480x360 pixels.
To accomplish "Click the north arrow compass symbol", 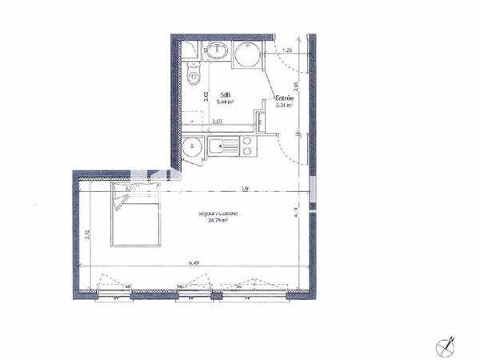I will (x=446, y=346).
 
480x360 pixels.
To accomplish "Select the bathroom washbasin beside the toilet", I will (x=219, y=53).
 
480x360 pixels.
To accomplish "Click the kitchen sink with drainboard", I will (x=223, y=146).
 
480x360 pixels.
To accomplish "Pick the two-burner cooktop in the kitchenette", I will (x=248, y=146).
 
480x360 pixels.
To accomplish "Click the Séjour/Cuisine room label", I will (x=218, y=214).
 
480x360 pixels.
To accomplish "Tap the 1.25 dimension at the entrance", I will (x=286, y=51).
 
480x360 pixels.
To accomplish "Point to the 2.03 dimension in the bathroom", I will (x=217, y=122).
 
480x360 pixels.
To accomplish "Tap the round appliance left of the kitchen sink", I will (x=192, y=147).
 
